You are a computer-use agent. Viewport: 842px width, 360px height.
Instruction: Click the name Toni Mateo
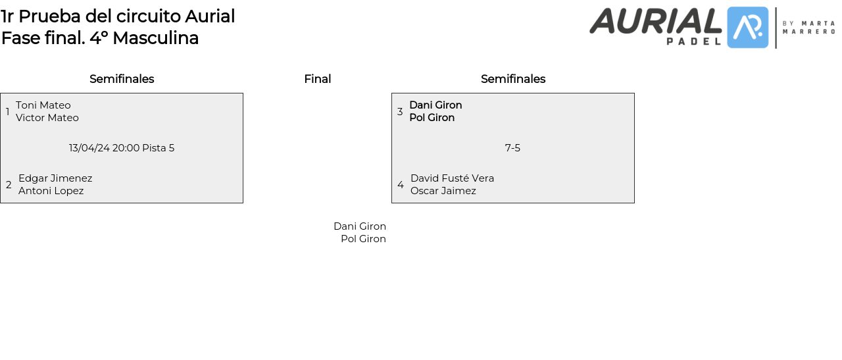coord(43,105)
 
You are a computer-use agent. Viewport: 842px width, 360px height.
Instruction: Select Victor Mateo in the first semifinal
coord(47,118)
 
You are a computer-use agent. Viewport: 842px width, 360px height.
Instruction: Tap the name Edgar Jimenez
coord(55,178)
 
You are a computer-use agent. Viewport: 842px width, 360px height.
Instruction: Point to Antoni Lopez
coord(51,191)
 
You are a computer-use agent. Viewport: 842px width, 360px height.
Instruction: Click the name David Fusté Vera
coord(452,178)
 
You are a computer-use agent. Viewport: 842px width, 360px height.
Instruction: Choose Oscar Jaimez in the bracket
coord(443,191)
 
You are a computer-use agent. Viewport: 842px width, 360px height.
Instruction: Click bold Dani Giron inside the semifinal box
coord(435,105)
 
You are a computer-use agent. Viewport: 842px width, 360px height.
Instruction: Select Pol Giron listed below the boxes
coord(364,239)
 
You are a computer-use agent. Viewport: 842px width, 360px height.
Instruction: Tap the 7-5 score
coord(512,148)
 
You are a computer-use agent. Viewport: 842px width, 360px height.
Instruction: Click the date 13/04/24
coord(89,148)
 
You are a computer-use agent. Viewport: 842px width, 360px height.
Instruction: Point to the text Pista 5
coord(159,148)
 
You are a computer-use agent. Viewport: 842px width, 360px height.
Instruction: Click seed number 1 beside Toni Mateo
coord(7,112)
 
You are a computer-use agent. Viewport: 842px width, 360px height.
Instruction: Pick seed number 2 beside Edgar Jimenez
coord(9,185)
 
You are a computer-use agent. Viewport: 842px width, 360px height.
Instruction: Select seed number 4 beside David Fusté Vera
coord(401,185)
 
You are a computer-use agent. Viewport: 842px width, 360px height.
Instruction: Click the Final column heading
coord(318,79)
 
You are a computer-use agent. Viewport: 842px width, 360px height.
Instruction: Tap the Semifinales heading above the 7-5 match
coord(513,79)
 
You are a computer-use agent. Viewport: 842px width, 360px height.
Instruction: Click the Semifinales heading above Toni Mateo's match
coord(122,79)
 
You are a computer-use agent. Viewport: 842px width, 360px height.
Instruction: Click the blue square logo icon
coord(748,28)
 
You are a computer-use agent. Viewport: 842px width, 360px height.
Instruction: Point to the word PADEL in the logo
coord(694,41)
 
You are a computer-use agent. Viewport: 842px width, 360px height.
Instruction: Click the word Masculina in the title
coord(156,38)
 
